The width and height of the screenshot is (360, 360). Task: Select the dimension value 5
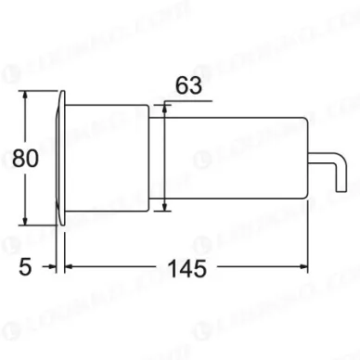(25, 267)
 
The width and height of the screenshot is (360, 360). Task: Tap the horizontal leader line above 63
(186, 99)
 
